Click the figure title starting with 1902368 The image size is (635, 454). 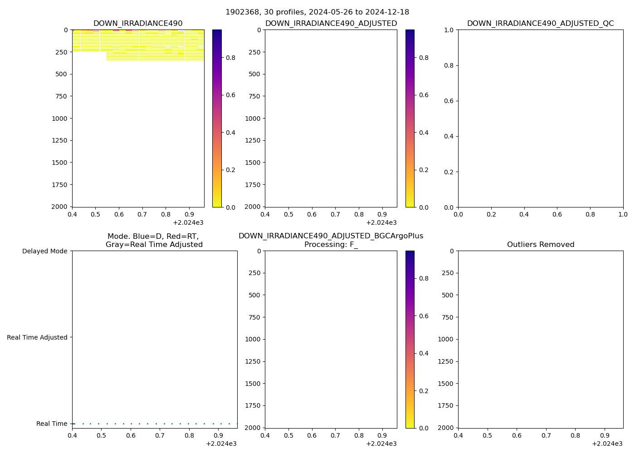[x=317, y=12]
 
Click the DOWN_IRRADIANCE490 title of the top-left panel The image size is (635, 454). [x=138, y=24]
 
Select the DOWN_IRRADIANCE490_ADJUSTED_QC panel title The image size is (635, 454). [x=540, y=24]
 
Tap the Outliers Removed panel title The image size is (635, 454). [x=540, y=245]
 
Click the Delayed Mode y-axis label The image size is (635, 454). [x=44, y=251]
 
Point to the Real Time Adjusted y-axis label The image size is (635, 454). [x=37, y=337]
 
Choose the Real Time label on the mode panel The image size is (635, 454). [x=52, y=424]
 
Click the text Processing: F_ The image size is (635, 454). [x=331, y=245]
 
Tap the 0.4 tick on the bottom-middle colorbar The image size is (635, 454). [x=424, y=353]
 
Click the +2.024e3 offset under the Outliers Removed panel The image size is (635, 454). [x=607, y=444]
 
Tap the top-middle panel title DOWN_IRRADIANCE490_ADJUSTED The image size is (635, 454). [x=331, y=24]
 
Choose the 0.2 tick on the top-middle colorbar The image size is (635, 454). [x=424, y=170]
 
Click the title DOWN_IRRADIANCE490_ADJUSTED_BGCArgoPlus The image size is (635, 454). [x=331, y=236]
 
